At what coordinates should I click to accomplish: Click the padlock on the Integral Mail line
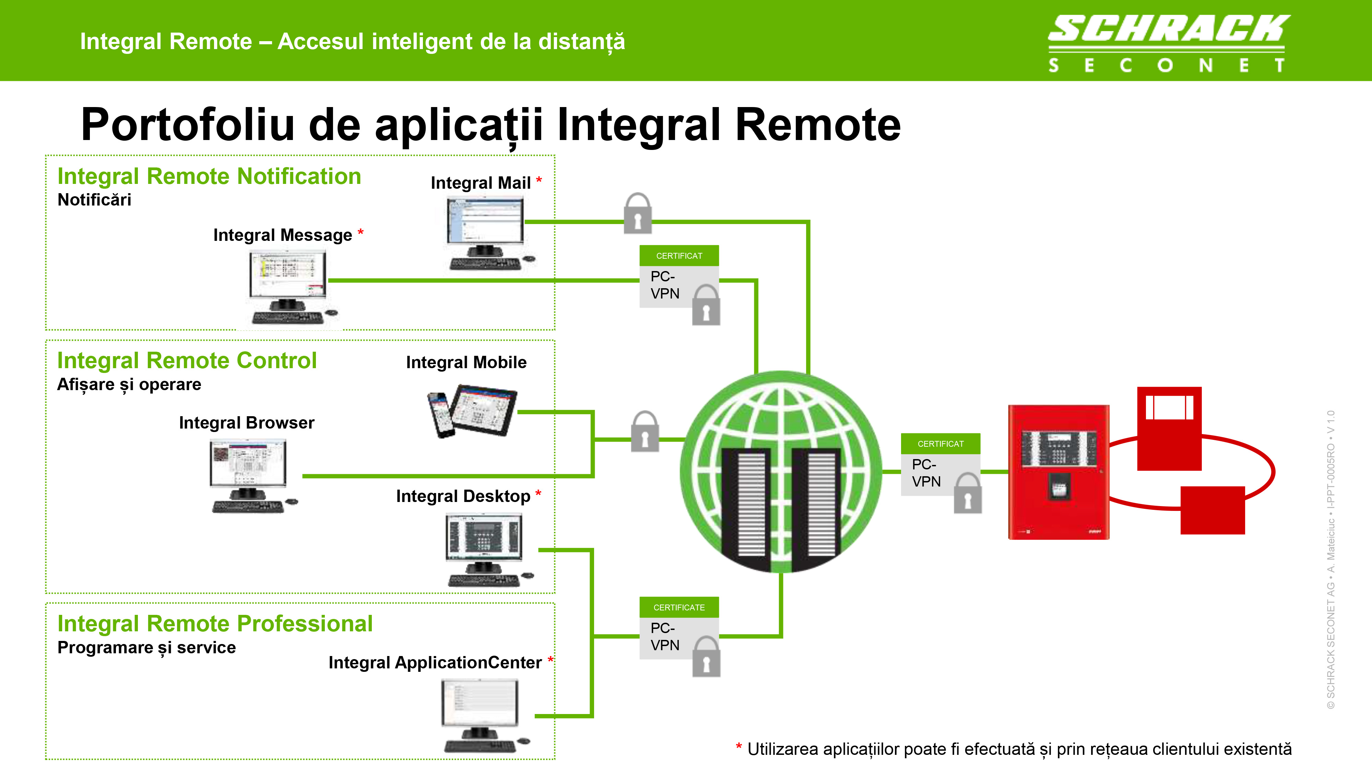tap(638, 214)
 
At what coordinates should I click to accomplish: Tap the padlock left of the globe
tap(644, 432)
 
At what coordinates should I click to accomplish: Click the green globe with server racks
tap(781, 471)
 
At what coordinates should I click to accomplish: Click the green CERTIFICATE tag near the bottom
tap(679, 607)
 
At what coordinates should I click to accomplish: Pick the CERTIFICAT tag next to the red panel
tap(940, 444)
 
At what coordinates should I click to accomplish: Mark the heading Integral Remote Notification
tap(209, 176)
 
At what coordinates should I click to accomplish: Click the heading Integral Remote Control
tap(187, 361)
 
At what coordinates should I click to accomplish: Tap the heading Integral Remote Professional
tap(215, 624)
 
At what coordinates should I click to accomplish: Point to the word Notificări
tap(94, 200)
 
